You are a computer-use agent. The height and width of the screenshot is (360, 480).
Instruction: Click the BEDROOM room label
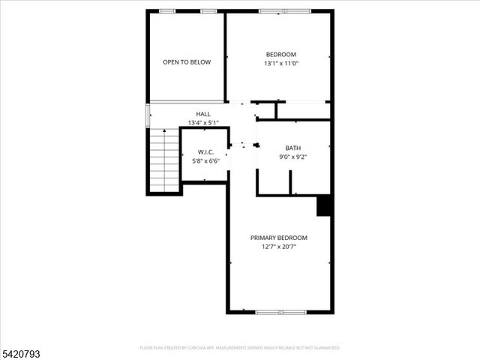[281, 54]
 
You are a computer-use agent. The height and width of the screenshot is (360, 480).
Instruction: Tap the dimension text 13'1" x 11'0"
[281, 64]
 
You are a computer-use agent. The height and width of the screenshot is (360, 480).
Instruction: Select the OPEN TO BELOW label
[187, 62]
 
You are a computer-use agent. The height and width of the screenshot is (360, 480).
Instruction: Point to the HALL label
[203, 114]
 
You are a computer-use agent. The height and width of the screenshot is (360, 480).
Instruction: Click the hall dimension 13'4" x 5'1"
[203, 123]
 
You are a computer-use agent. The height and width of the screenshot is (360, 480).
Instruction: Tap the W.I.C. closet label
[205, 151]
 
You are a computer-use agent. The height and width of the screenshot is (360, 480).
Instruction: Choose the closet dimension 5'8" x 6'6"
[205, 160]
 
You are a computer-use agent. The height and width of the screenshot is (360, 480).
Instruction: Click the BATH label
[293, 148]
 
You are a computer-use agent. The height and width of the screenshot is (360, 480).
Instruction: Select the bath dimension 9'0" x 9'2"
[293, 157]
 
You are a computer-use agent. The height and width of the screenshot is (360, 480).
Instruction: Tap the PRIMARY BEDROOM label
[279, 238]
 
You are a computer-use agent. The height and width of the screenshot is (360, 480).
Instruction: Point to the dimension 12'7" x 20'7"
[279, 247]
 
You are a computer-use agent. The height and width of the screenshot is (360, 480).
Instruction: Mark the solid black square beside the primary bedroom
[324, 205]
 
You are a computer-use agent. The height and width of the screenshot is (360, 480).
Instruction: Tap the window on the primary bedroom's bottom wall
[280, 311]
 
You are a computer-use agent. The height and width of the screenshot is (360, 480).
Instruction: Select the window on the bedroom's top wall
[283, 11]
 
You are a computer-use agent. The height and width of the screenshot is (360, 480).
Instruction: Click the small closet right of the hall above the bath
[303, 111]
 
